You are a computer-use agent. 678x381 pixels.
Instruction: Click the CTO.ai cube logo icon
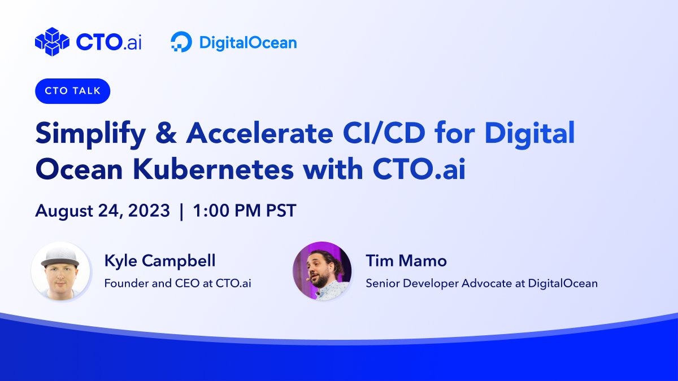point(51,42)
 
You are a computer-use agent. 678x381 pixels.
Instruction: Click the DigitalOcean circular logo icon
point(181,42)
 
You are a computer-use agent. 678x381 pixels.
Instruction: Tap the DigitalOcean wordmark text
point(247,43)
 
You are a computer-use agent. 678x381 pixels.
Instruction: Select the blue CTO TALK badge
point(72,91)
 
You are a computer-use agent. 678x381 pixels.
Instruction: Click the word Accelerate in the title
point(260,133)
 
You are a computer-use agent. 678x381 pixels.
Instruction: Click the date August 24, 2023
point(102,211)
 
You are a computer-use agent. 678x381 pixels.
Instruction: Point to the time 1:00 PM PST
point(244,211)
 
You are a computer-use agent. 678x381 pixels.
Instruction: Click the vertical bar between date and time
point(181,211)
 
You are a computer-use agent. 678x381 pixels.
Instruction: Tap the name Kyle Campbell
point(160,261)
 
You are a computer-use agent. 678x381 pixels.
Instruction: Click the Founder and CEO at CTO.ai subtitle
point(177,283)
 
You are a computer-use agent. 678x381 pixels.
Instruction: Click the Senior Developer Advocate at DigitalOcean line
point(481,283)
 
